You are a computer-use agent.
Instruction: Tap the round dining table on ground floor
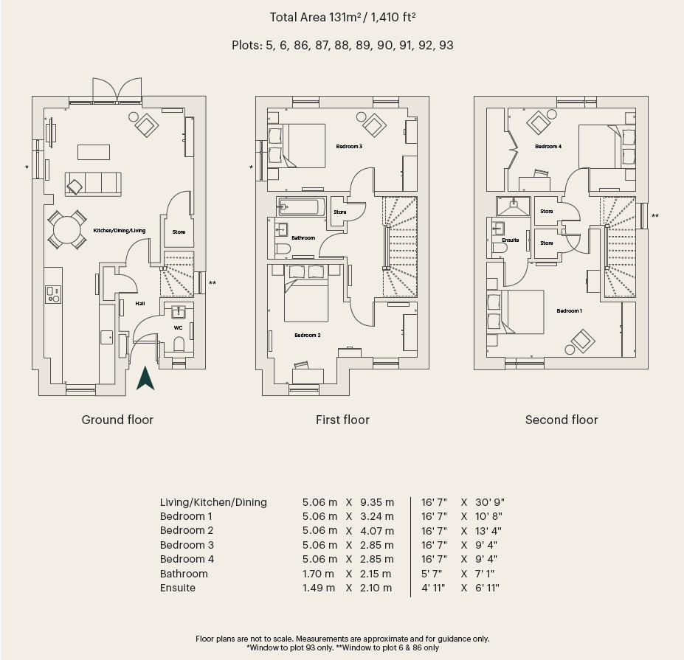[x=66, y=229]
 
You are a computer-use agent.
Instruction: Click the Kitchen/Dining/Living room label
[x=119, y=231]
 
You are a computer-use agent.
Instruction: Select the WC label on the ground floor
[x=178, y=327]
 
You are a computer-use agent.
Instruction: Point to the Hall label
[x=139, y=303]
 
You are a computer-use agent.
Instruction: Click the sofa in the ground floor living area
[x=92, y=183]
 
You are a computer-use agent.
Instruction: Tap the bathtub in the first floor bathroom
[x=300, y=208]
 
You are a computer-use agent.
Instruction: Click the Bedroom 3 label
[x=349, y=147]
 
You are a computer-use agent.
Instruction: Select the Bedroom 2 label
[x=307, y=335]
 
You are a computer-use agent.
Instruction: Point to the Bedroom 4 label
[x=548, y=147]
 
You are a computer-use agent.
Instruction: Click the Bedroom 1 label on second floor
[x=569, y=310]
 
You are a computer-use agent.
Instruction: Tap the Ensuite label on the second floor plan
[x=510, y=240]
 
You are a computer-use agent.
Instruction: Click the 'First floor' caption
[x=342, y=420]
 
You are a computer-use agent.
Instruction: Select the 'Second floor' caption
[x=562, y=420]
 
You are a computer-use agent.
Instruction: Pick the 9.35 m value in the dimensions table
[x=377, y=502]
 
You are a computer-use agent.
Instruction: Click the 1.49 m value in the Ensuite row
[x=318, y=588]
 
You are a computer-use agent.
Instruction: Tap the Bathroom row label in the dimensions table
[x=184, y=574]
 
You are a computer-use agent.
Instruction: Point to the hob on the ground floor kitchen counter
[x=53, y=294]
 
